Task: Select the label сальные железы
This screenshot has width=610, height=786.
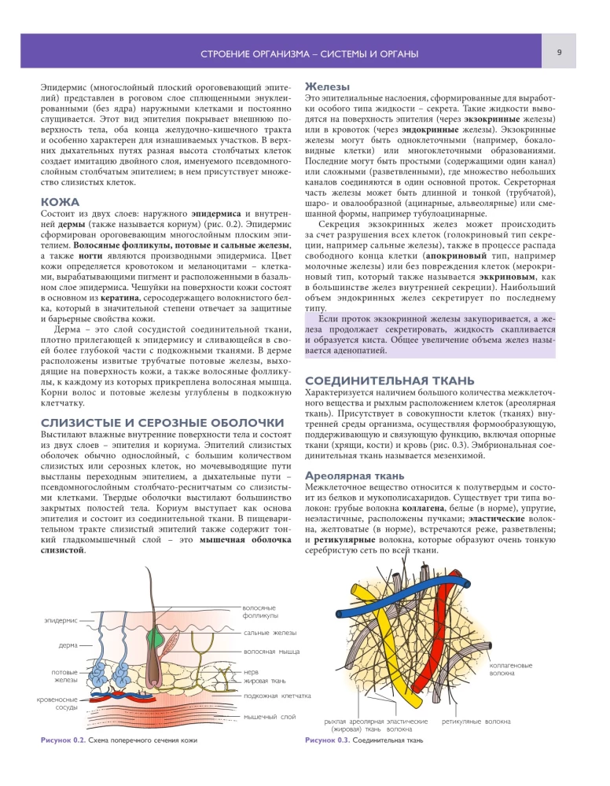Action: [270, 632]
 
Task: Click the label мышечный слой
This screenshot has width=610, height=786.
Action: [270, 716]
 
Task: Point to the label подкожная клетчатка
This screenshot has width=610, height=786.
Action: [277, 696]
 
